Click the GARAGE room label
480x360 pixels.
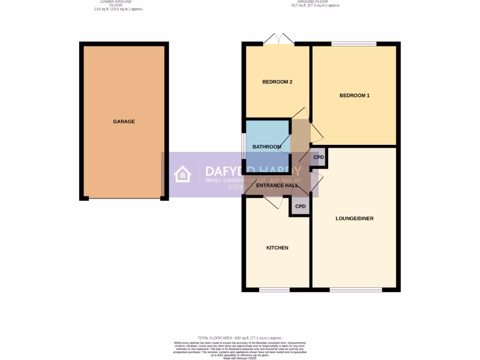pyautogui.click(x=124, y=121)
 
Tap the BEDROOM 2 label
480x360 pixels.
pyautogui.click(x=277, y=82)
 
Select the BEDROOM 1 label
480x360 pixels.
pyautogui.click(x=354, y=96)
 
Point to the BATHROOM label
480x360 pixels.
pyautogui.click(x=267, y=147)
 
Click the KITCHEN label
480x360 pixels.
pyautogui.click(x=277, y=248)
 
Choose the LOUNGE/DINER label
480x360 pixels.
pyautogui.click(x=354, y=218)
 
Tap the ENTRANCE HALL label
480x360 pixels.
pyautogui.click(x=277, y=186)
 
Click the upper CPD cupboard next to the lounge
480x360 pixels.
pyautogui.click(x=319, y=157)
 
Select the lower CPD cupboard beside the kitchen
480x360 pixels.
pyautogui.click(x=300, y=206)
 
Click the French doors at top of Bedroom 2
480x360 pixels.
pyautogui.click(x=278, y=41)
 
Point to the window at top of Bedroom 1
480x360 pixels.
pyautogui.click(x=354, y=44)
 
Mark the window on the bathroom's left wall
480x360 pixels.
pyautogui.click(x=243, y=147)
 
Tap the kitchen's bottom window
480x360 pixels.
pyautogui.click(x=274, y=290)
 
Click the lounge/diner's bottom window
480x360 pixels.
pyautogui.click(x=355, y=290)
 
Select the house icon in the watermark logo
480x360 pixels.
pyautogui.click(x=183, y=174)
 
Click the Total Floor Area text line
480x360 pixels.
pyautogui.click(x=240, y=337)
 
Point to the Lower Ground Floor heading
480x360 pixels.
pyautogui.click(x=119, y=5)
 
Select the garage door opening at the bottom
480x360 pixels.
pyautogui.click(x=124, y=199)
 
